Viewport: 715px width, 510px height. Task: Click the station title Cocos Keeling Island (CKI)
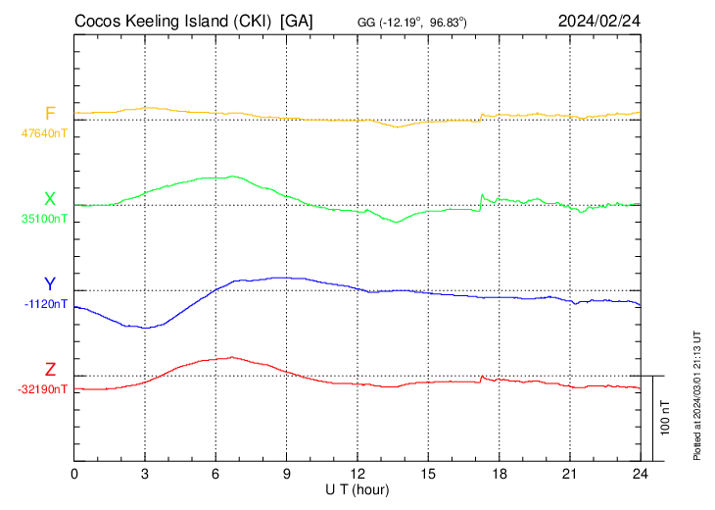(172, 21)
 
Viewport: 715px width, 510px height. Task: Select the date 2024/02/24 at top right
(598, 21)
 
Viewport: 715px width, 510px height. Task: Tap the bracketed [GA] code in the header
(297, 21)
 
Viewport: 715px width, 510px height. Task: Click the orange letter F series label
(50, 113)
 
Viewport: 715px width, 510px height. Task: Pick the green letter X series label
(50, 199)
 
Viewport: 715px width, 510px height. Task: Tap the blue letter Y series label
(50, 284)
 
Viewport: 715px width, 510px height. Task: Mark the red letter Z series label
(50, 370)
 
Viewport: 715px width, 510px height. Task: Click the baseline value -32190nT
(43, 389)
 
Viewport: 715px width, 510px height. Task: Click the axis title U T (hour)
(357, 487)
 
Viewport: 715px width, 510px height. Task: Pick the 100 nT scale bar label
(664, 417)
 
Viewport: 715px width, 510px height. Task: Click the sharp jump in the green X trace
(480, 200)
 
